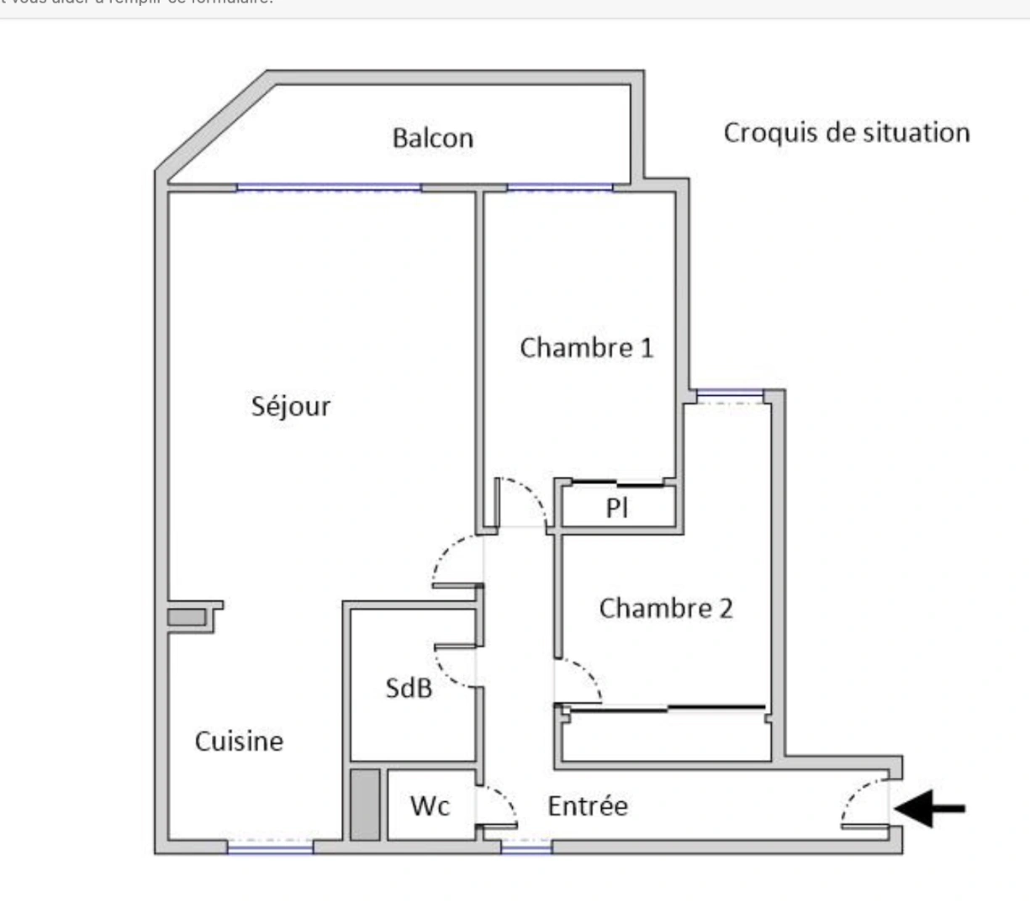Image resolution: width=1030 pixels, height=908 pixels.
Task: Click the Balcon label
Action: pos(433,138)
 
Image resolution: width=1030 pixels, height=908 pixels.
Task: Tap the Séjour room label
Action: pos(291,407)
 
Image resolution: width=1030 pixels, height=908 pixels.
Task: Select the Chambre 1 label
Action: pos(586,347)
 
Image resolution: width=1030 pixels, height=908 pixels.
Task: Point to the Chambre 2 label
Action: pos(666,608)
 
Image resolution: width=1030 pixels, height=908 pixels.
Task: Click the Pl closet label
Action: pos(618,508)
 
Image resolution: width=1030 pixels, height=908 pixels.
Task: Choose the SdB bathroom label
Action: pos(409,688)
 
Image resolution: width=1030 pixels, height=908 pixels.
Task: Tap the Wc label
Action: pos(430,806)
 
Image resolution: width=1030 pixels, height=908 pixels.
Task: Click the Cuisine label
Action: pos(239,742)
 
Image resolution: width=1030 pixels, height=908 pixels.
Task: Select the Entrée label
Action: pos(588,806)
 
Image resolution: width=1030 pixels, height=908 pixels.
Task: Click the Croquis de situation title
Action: pos(847,133)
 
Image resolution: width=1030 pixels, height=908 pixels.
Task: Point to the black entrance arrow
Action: pos(929,810)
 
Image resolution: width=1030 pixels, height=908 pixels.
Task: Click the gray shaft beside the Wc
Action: pos(365,805)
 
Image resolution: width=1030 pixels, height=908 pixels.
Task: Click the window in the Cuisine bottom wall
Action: pos(270,847)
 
